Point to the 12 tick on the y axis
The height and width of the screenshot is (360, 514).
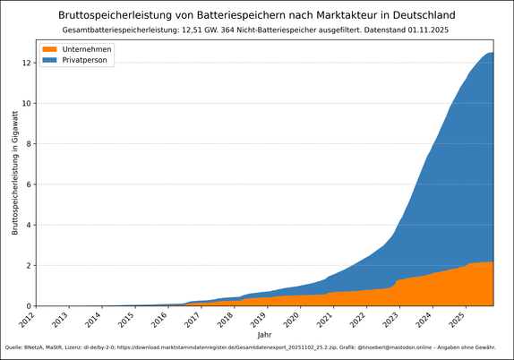click(x=28, y=63)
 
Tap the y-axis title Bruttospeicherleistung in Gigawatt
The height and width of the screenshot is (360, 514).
click(x=15, y=172)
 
